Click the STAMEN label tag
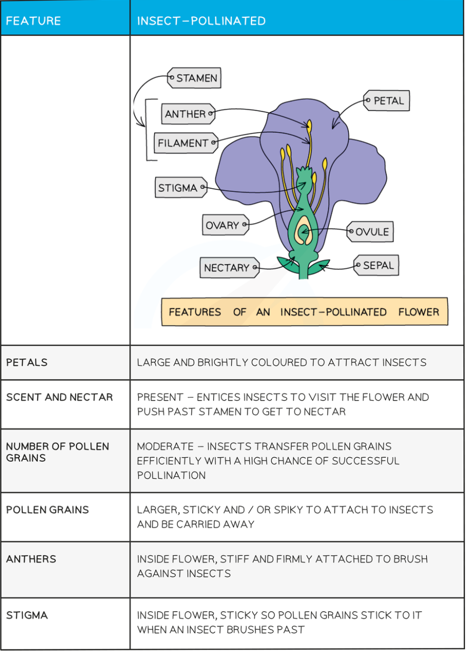[195, 78]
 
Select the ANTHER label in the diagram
[187, 114]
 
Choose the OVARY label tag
[224, 225]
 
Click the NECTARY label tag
[228, 268]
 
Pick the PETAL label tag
[388, 101]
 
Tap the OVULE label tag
[371, 232]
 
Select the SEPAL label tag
[377, 266]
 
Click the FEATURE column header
[33, 21]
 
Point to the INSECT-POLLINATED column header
[201, 21]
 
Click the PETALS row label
[27, 362]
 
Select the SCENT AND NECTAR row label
[60, 397]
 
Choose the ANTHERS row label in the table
[31, 559]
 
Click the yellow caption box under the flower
[304, 312]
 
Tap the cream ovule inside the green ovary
[304, 232]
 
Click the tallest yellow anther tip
[309, 125]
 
